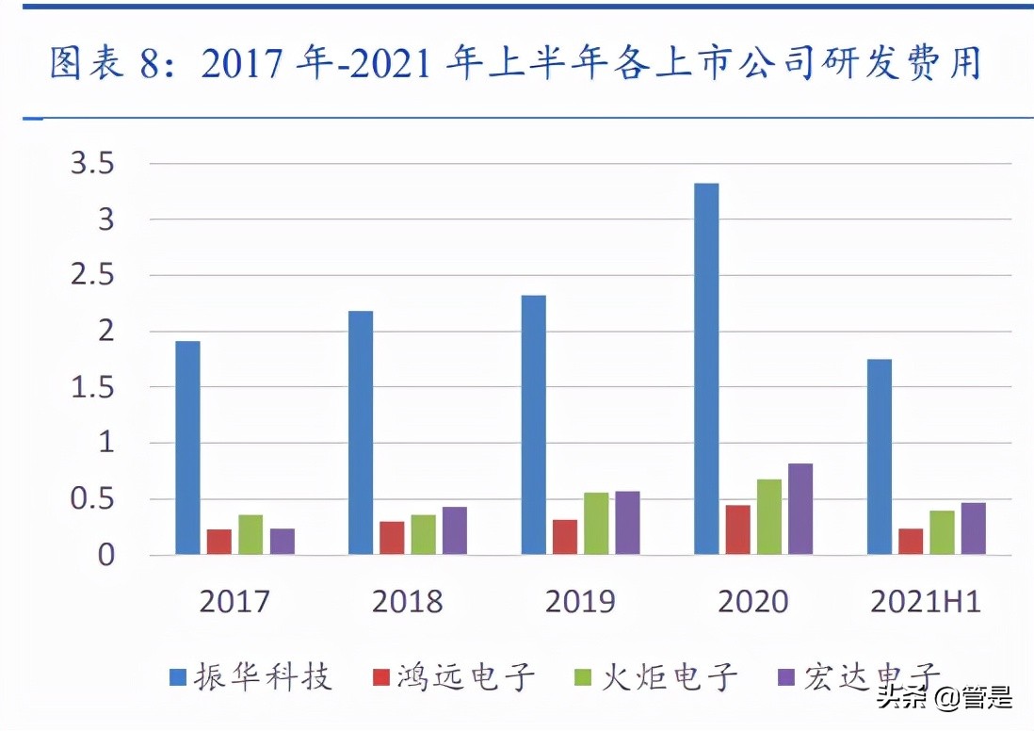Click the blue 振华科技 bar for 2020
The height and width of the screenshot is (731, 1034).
coord(706,368)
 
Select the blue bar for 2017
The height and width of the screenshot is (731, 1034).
coord(187,447)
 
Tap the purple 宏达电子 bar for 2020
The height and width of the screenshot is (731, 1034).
coord(800,509)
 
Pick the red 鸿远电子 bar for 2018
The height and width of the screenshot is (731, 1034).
coord(392,538)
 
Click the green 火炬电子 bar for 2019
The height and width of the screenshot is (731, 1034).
coord(596,524)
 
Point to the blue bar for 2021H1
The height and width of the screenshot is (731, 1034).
coord(880,457)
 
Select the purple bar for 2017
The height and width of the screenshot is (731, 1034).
coord(282,542)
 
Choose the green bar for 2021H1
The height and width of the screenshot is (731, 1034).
coord(942,532)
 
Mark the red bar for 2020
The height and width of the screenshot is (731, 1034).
coord(737,529)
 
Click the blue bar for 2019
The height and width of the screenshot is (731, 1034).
coord(534,425)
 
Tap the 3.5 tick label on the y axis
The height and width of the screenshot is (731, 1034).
coord(92,165)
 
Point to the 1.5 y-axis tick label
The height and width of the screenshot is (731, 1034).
coord(92,387)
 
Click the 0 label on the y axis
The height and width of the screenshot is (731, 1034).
coord(105,555)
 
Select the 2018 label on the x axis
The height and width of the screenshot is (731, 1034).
coord(407,602)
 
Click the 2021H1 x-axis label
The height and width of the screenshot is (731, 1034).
coord(927,602)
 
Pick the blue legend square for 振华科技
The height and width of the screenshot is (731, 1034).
coord(178,677)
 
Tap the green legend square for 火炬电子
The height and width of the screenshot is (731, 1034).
coord(584,677)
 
